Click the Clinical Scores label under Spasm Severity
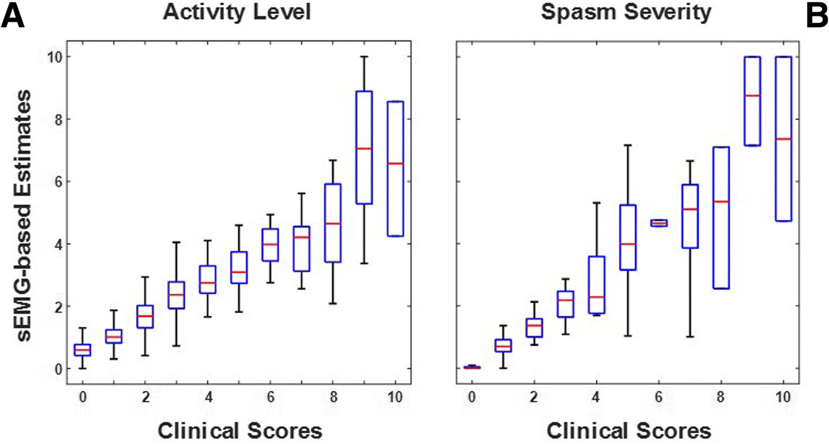[x=628, y=431]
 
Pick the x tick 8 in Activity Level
[x=332, y=397]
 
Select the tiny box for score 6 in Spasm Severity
[x=659, y=223]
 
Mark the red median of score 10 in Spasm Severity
[x=783, y=139]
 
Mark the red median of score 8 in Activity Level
[x=332, y=224]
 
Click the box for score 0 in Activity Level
[x=84, y=349]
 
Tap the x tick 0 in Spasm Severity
[x=472, y=397]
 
